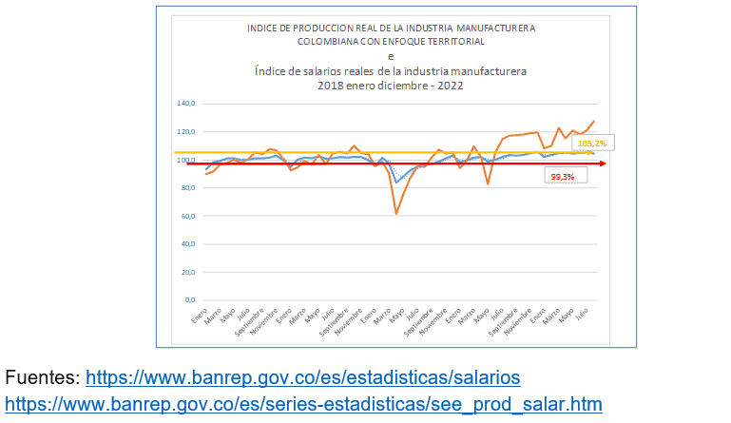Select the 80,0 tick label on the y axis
pos(185,187)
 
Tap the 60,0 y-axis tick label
pos(185,216)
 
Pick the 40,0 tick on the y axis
pos(185,244)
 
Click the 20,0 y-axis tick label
pos(185,272)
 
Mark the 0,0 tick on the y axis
pos(187,300)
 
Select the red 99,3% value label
pos(563,177)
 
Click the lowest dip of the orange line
pos(396,214)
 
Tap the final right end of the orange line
pos(595,121)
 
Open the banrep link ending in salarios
pos(302,377)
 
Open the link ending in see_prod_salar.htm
pos(343,403)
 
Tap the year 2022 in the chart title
pos(450,84)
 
